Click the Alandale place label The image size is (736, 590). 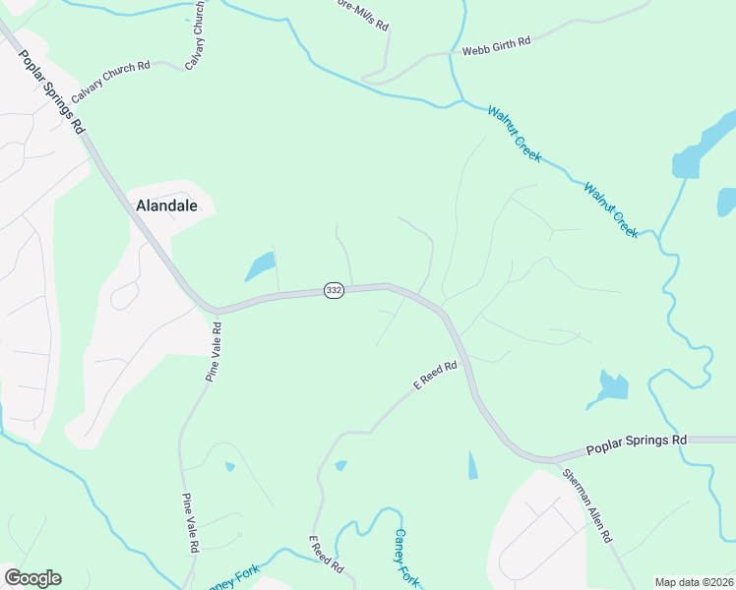pyautogui.click(x=164, y=206)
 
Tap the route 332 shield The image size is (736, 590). pyautogui.click(x=334, y=291)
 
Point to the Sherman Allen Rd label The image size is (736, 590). pyautogui.click(x=588, y=505)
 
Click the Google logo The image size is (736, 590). pyautogui.click(x=32, y=578)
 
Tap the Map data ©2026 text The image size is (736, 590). pyautogui.click(x=693, y=582)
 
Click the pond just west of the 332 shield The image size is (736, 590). pyautogui.click(x=260, y=266)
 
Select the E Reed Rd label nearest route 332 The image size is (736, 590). pyautogui.click(x=436, y=375)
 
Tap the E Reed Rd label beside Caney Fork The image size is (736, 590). pyautogui.click(x=326, y=557)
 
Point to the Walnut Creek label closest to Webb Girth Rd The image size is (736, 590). pyautogui.click(x=514, y=128)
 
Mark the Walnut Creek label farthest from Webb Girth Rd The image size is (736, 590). pyautogui.click(x=611, y=209)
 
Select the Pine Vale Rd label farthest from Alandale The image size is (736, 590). pyautogui.click(x=191, y=522)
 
